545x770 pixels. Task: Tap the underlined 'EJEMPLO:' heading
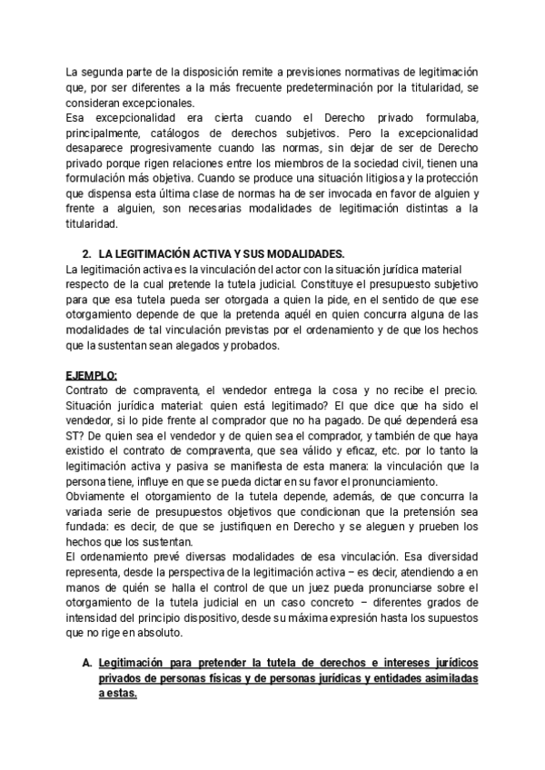[x=93, y=375]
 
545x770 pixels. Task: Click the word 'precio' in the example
[x=456, y=391]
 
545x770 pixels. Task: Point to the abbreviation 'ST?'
[x=77, y=439]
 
